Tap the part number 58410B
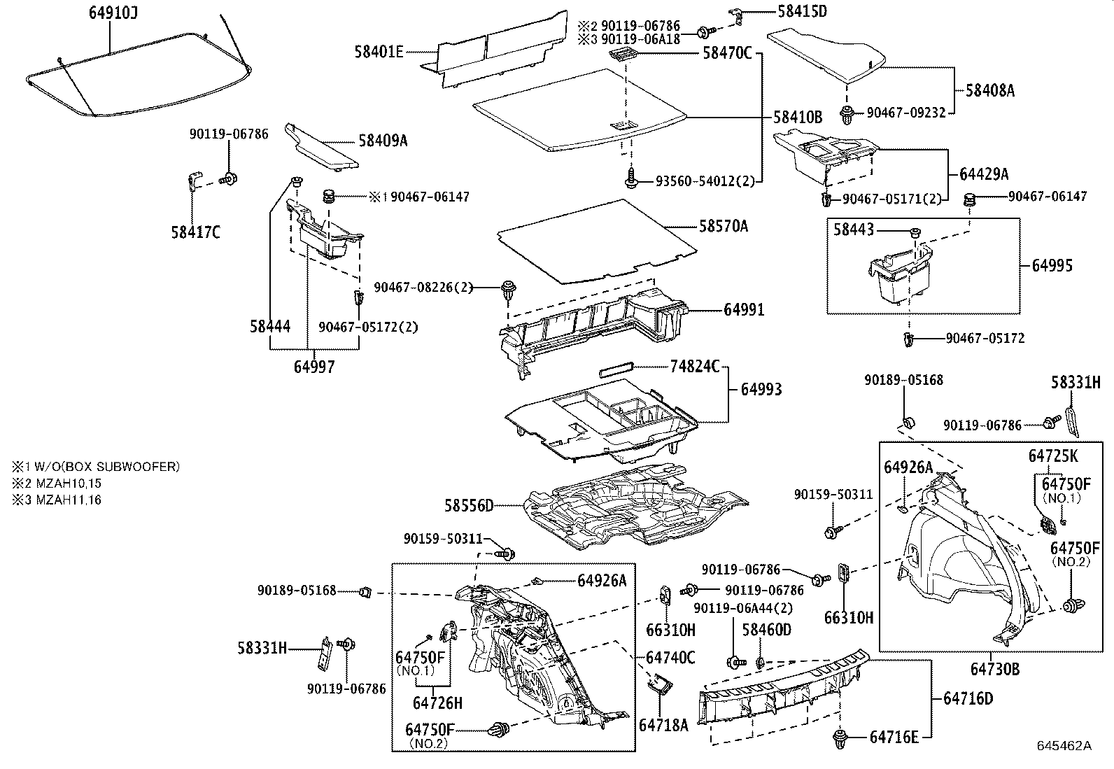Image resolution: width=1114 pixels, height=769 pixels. (798, 117)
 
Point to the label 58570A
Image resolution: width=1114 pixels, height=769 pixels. (723, 226)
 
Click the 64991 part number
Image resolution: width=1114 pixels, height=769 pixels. (744, 309)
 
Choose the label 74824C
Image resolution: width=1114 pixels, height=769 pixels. (694, 366)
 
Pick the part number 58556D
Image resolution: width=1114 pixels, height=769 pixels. (469, 505)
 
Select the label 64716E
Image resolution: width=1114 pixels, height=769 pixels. (893, 737)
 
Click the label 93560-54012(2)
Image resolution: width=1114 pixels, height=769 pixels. (705, 181)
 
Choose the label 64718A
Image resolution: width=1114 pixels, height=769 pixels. (663, 725)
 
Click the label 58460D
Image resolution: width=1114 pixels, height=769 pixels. (766, 630)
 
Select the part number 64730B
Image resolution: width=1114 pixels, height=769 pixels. (994, 669)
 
